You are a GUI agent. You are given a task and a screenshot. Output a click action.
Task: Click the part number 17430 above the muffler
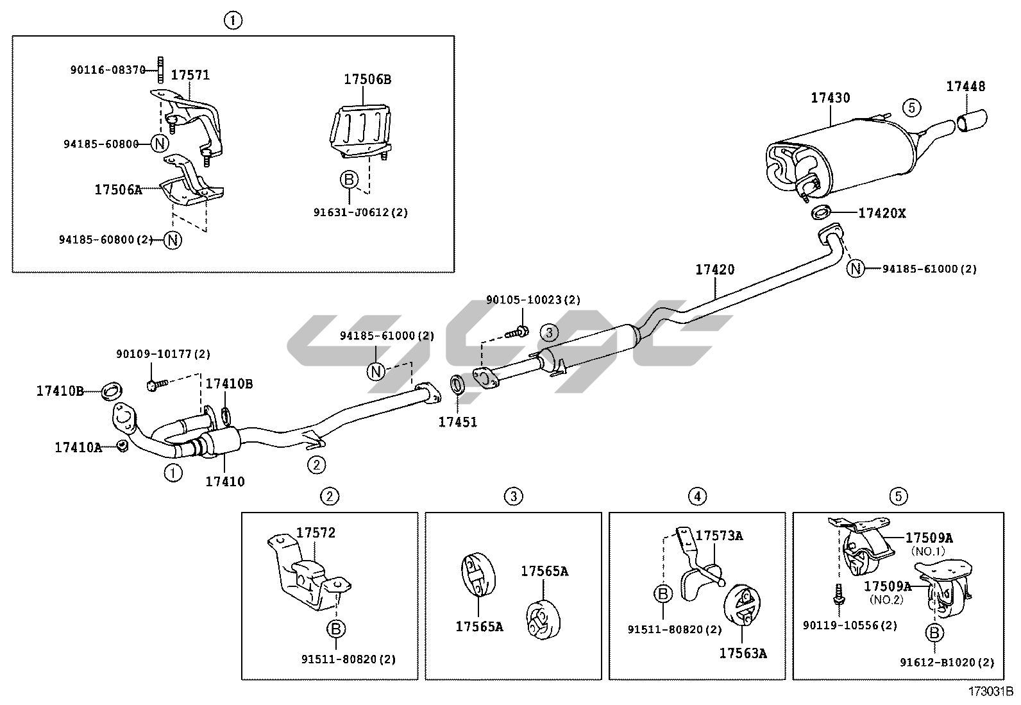830,98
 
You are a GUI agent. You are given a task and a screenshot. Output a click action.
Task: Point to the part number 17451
458,422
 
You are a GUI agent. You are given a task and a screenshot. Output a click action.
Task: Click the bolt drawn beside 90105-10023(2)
517,332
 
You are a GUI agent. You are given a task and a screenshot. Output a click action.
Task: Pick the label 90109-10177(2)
163,354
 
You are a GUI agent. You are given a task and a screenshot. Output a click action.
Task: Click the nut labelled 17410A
122,445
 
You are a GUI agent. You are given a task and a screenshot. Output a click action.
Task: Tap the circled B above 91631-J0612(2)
349,180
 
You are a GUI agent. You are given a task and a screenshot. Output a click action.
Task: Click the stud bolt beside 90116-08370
159,69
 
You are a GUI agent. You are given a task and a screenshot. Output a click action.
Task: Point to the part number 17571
190,75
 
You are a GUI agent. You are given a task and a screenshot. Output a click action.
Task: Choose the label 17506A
118,189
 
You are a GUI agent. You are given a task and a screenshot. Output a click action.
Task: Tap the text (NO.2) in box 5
886,600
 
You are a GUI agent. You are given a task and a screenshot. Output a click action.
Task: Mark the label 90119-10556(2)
850,625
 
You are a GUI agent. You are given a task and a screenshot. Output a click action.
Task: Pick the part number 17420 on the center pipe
715,270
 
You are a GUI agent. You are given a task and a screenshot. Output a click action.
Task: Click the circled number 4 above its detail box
697,496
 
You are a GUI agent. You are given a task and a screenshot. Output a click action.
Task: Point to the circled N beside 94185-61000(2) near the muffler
856,269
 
